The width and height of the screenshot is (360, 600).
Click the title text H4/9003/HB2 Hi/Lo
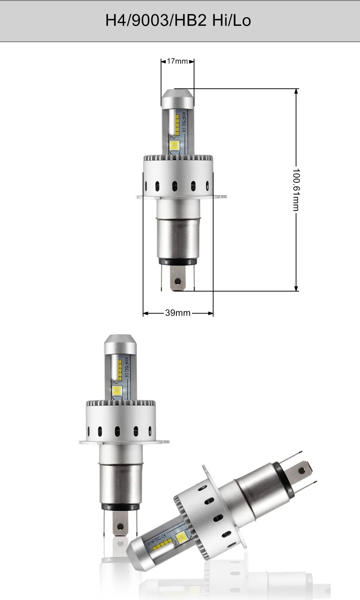(178, 21)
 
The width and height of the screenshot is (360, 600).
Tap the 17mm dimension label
(177, 61)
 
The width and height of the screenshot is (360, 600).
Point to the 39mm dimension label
(178, 313)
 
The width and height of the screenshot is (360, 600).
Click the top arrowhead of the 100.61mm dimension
(296, 91)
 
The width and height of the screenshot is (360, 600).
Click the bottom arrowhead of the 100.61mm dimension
(296, 288)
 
